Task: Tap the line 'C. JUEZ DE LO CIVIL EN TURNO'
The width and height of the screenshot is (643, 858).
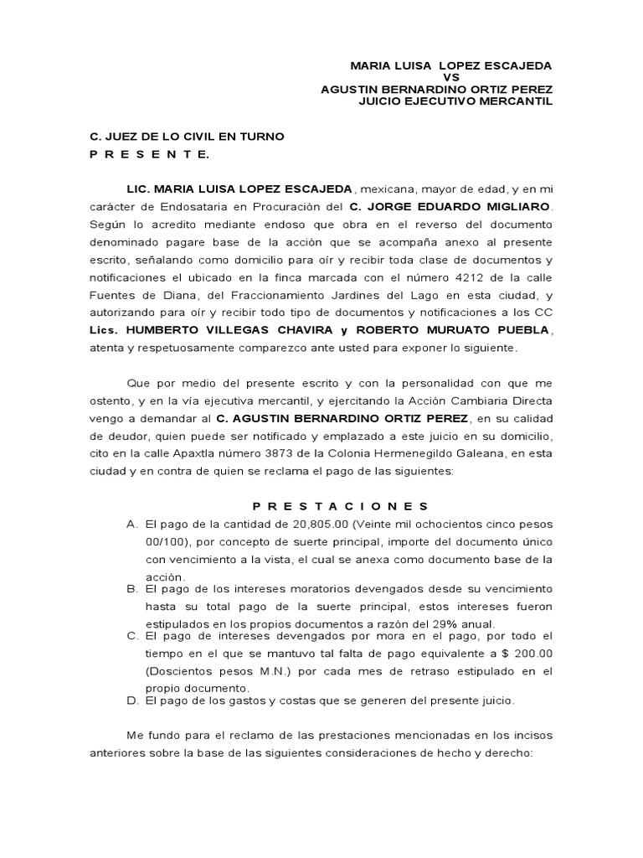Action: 187,137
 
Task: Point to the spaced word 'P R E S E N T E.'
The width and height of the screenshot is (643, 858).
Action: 150,154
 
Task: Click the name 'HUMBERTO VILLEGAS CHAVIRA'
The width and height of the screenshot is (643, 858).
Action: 208,331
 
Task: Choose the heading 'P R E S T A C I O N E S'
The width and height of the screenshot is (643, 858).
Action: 341,506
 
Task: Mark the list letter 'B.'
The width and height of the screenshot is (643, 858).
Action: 132,589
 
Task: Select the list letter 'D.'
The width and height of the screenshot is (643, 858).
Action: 132,700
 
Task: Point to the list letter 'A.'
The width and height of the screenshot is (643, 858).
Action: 132,524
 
